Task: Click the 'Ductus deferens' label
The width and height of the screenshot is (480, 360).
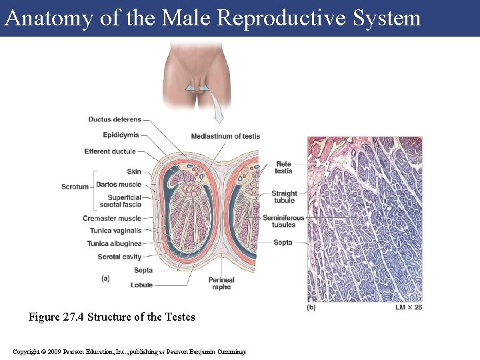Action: tap(115, 119)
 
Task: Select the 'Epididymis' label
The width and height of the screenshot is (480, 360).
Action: tap(121, 135)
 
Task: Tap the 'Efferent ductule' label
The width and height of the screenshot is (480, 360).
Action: tap(110, 151)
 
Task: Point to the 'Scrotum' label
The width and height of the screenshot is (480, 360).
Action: tap(75, 187)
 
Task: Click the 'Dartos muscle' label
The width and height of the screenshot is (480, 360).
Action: tap(119, 184)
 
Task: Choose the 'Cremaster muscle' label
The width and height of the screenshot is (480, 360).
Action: tap(112, 218)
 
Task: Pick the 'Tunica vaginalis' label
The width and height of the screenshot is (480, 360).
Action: tap(116, 231)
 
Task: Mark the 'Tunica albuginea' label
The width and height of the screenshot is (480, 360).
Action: tap(114, 243)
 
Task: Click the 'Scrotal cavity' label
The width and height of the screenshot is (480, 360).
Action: tap(119, 257)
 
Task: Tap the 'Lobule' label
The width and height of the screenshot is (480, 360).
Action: tap(141, 285)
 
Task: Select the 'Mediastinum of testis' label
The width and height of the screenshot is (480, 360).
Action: tap(225, 136)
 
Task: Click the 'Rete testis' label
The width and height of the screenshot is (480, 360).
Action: tap(283, 167)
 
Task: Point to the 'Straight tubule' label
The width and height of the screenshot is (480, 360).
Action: tap(284, 197)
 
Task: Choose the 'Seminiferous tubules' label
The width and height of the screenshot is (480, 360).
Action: tap(283, 221)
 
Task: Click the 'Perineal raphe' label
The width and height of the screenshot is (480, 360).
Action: tap(221, 283)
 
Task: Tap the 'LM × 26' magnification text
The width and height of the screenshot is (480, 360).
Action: tap(409, 307)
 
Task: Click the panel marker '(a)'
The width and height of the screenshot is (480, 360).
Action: tap(105, 278)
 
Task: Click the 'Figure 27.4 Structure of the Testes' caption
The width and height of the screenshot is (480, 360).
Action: tap(111, 317)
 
